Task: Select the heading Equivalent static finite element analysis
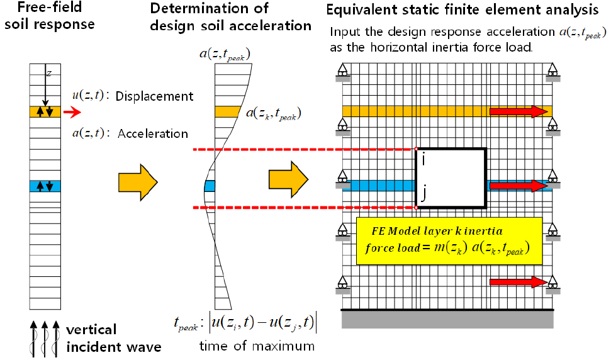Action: click(x=462, y=10)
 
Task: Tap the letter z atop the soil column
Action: click(x=48, y=74)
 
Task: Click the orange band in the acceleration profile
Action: click(x=225, y=112)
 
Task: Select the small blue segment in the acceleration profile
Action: click(x=210, y=186)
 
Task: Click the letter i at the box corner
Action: click(x=425, y=160)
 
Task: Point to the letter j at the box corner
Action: click(x=425, y=196)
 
